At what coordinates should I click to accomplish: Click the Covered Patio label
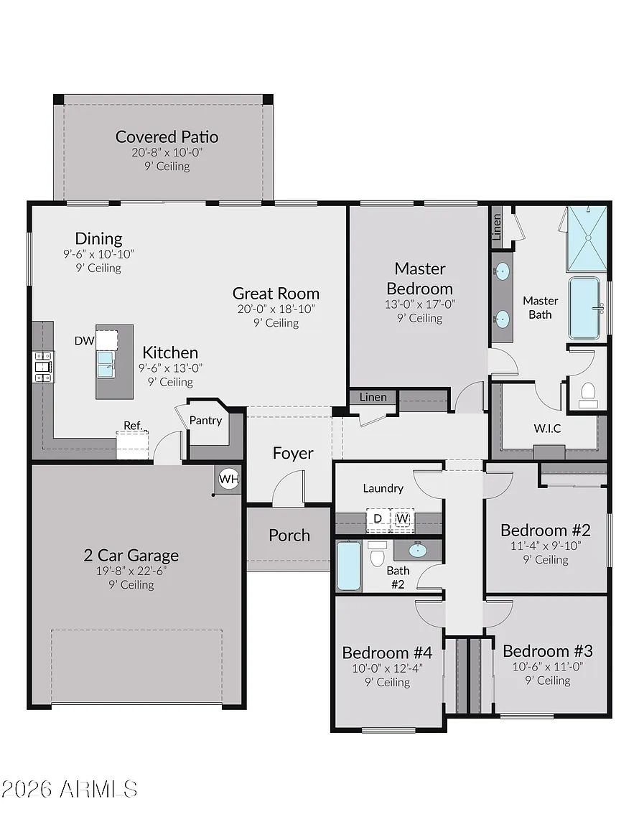coord(167,136)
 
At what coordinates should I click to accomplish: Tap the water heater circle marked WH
coord(228,479)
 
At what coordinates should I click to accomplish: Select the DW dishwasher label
coord(84,341)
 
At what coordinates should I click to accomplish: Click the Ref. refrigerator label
coord(133,425)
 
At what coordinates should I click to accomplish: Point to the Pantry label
coord(205,421)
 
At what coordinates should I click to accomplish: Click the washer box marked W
coord(402,518)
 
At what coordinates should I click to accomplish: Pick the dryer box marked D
coord(378,518)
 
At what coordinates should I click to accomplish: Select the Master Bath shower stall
coord(587,238)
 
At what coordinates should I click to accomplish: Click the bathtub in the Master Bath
coord(584,308)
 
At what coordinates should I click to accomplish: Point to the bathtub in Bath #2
coord(348,566)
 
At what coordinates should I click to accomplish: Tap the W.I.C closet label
coord(547,429)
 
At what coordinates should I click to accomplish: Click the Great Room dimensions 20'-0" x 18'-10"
coord(276,309)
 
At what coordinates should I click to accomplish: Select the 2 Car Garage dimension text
coord(131,571)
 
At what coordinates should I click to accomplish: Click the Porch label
coord(289,536)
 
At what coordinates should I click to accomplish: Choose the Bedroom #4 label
coord(387,653)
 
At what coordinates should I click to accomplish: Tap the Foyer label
coord(293,453)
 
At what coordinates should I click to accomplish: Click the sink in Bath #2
coord(418,551)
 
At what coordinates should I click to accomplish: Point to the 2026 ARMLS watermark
coord(69,789)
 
